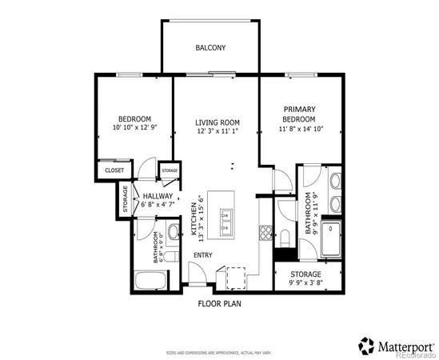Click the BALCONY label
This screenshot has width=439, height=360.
pyautogui.click(x=210, y=48)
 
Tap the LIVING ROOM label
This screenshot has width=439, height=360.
pyautogui.click(x=218, y=122)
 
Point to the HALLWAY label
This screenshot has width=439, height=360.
pyautogui.click(x=158, y=195)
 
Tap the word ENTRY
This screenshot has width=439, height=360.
pyautogui.click(x=203, y=256)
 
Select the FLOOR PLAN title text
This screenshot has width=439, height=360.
pyautogui.click(x=219, y=304)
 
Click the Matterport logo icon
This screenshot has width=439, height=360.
pyautogui.click(x=366, y=345)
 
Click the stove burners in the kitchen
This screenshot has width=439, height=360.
pyautogui.click(x=265, y=232)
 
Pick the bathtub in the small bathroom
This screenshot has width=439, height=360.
pyautogui.click(x=150, y=281)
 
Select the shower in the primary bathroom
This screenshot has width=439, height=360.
pyautogui.click(x=329, y=239)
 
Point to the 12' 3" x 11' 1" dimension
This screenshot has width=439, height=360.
pyautogui.click(x=218, y=133)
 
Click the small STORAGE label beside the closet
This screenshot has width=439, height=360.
pyautogui.click(x=170, y=171)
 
